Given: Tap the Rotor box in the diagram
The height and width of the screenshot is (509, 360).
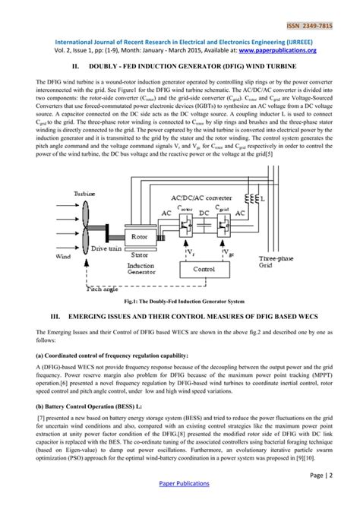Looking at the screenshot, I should (x=140, y=236).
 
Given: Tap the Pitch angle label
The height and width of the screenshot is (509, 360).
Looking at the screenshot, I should (x=103, y=289).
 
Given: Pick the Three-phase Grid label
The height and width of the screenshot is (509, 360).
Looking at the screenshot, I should (x=274, y=263).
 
